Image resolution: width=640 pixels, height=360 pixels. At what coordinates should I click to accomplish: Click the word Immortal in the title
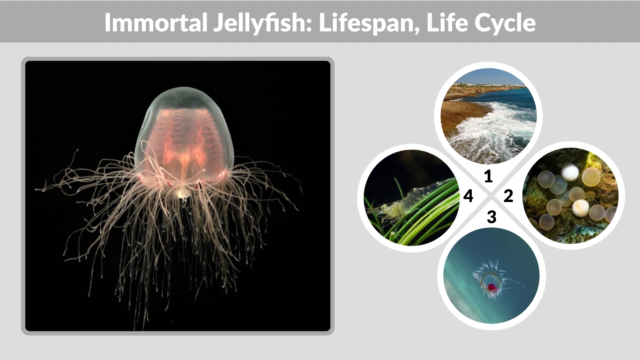pyautogui.click(x=153, y=22)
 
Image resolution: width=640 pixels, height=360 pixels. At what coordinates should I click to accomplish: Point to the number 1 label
pyautogui.click(x=488, y=176)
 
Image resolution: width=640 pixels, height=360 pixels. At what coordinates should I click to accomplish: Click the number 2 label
pyautogui.click(x=508, y=196)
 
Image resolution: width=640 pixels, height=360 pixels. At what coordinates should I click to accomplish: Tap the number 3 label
pyautogui.click(x=491, y=217)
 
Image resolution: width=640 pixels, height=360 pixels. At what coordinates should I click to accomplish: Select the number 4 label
pyautogui.click(x=468, y=196)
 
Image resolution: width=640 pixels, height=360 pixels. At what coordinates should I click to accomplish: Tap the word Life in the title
pyautogui.click(x=445, y=22)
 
